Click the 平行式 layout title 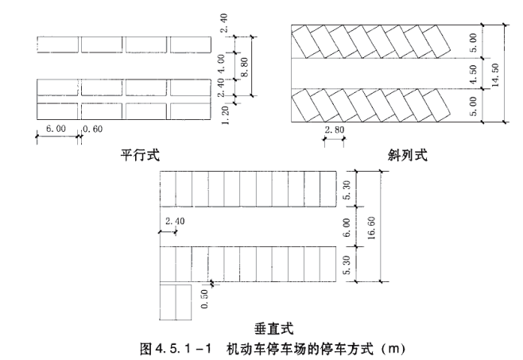click(140, 155)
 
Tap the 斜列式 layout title click(408, 155)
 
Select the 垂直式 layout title click(274, 329)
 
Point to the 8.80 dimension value click(244, 67)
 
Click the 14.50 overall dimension click(495, 75)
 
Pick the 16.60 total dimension click(371, 228)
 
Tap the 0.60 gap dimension click(92, 129)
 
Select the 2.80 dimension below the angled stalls click(334, 130)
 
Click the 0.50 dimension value click(204, 299)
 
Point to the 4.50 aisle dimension click(473, 74)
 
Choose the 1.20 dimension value click(225, 115)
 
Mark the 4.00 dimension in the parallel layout click(222, 64)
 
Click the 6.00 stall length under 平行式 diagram click(56, 129)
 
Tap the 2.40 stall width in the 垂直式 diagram click(175, 221)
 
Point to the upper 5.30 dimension click(347, 190)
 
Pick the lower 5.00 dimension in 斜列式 click(473, 106)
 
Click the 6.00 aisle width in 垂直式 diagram click(347, 227)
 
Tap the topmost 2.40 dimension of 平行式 click(224, 23)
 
